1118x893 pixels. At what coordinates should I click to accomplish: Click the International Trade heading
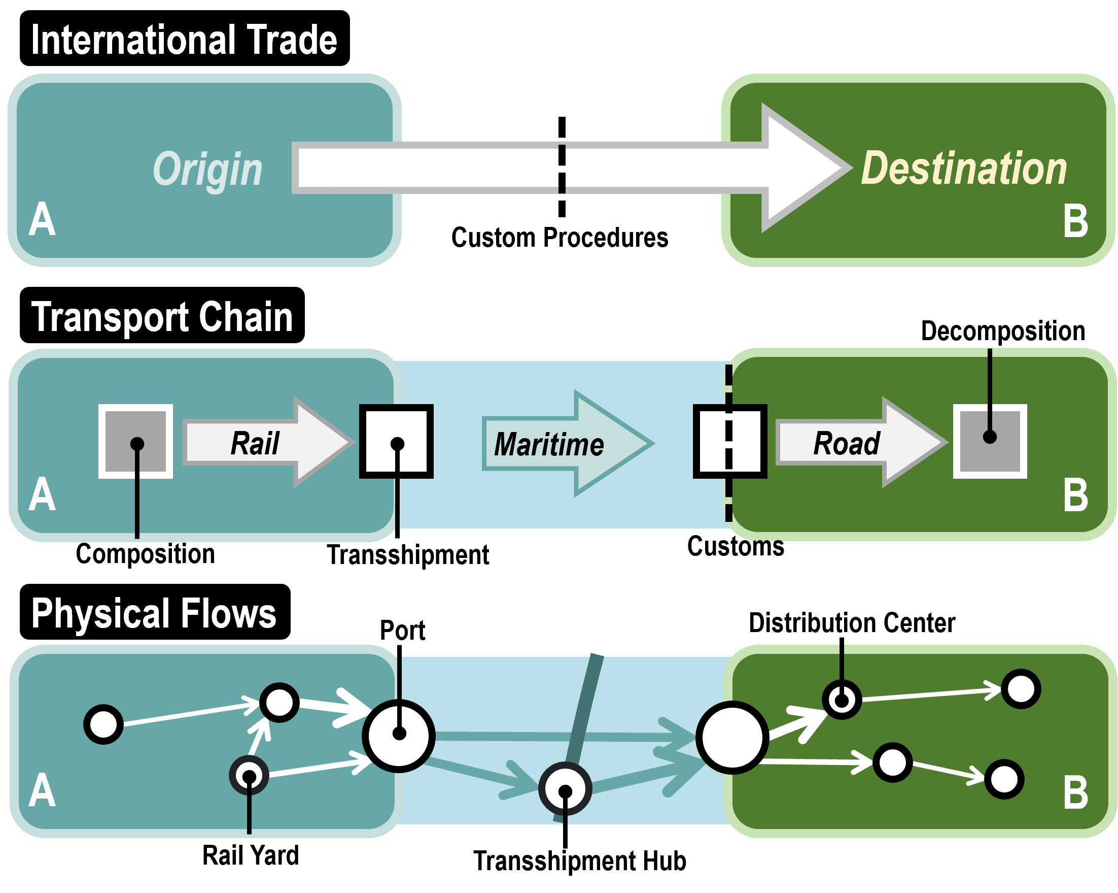184,39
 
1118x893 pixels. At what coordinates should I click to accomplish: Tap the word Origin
207,169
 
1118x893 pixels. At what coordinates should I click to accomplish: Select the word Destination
963,169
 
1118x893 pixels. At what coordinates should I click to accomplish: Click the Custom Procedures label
559,238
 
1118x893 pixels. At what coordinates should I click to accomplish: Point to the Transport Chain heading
162,316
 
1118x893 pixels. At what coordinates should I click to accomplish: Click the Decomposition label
1002,331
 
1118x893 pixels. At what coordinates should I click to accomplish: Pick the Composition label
145,554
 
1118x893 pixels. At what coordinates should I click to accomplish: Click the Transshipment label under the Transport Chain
407,555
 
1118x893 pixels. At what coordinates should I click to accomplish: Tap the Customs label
735,546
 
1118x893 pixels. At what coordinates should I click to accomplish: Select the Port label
402,631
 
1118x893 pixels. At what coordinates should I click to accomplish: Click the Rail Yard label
250,855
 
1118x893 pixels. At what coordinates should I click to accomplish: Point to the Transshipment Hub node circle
565,789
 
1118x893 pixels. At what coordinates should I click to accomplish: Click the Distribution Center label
852,622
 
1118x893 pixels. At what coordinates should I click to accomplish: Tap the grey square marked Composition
136,441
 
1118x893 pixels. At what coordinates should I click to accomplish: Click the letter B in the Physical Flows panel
1075,793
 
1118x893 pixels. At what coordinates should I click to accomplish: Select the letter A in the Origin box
42,219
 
